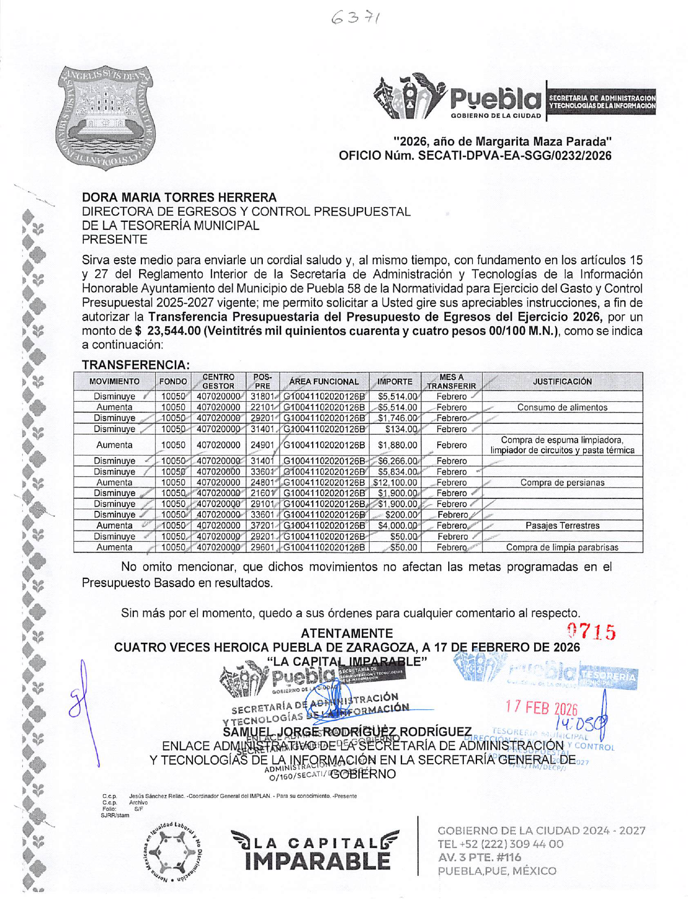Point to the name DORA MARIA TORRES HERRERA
point(179,197)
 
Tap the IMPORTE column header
point(395,382)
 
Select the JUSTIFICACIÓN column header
point(562,382)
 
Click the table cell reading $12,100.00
point(395,483)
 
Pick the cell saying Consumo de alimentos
point(562,407)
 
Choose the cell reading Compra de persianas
point(562,483)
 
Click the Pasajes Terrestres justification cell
point(562,526)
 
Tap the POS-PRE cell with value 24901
point(262,445)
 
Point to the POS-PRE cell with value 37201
point(262,526)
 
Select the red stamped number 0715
point(591,632)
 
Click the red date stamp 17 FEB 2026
point(541,707)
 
